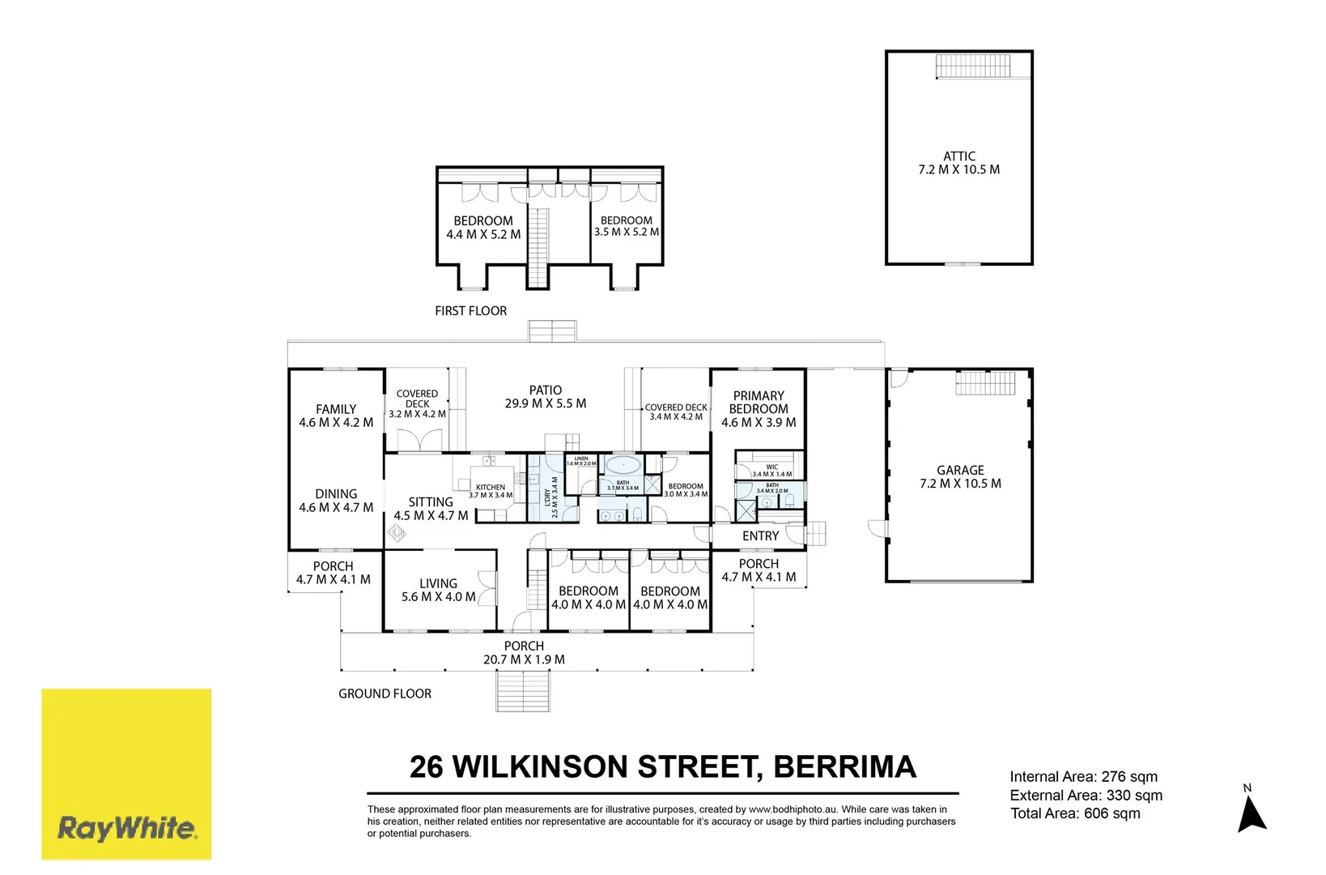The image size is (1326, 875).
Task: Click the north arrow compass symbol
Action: coord(1252,813)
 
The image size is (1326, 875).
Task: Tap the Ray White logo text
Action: coord(126,828)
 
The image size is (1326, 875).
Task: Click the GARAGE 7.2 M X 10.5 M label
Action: coord(960,476)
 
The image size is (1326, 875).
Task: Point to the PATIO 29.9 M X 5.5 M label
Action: coord(545,397)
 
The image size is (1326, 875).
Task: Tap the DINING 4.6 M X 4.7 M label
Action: coord(336,501)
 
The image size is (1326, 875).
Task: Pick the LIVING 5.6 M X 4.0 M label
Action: coord(438,590)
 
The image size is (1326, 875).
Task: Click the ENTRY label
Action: coord(760,536)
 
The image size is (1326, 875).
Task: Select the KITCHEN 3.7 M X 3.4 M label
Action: coord(491,491)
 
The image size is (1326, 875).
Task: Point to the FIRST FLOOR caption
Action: coord(470,310)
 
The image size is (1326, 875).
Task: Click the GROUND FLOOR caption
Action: coord(385,694)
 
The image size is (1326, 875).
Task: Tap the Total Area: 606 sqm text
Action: coord(1075,813)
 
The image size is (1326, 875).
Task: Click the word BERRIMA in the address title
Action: coord(844,766)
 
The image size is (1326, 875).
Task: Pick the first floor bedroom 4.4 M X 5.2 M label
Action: coord(483,227)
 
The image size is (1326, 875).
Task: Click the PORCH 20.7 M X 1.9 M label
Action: coord(524,652)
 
